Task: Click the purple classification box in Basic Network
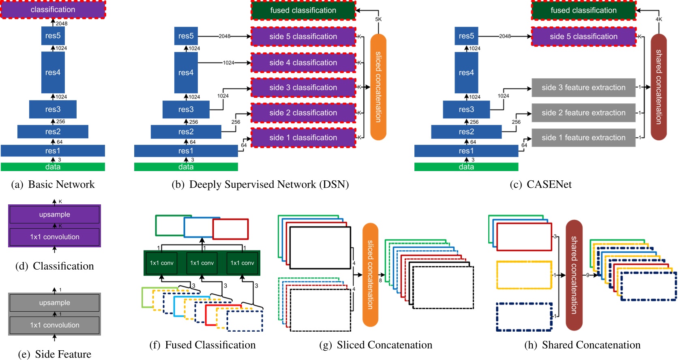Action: pos(53,9)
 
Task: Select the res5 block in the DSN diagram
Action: pos(186,36)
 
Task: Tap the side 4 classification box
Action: pos(303,62)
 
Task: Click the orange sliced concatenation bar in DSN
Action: pos(378,87)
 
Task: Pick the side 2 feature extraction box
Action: pos(583,113)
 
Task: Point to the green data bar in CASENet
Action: pos(466,167)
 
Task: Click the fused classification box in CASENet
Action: pos(583,10)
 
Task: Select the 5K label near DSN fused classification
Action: pos(378,19)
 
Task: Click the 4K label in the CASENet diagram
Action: pos(659,19)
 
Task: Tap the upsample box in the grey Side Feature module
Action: pos(54,303)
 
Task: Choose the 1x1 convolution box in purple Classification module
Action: pos(54,237)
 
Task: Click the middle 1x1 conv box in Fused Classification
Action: pos(202,263)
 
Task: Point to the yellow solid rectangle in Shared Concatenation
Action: pos(524,275)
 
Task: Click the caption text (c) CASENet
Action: pos(541,184)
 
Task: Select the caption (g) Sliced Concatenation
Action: pos(375,345)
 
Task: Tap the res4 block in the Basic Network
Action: pos(53,73)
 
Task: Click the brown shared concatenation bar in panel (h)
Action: pos(574,275)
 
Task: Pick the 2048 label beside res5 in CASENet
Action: pos(505,36)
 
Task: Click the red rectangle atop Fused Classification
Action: pos(230,229)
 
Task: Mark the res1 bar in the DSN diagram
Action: pos(186,151)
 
